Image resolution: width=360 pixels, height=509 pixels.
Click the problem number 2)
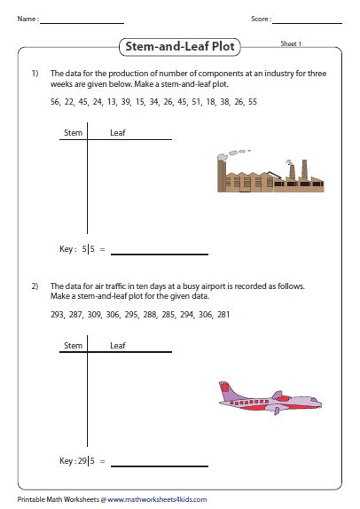[x=35, y=286]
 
